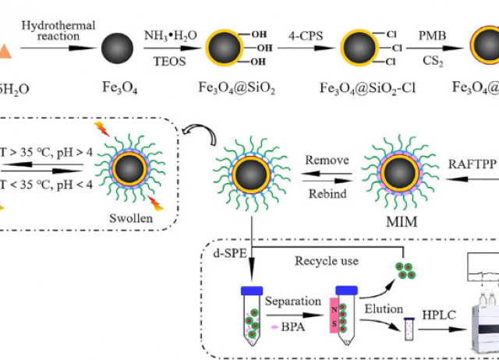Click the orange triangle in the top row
tap(5, 49)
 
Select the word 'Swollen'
tap(131, 218)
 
